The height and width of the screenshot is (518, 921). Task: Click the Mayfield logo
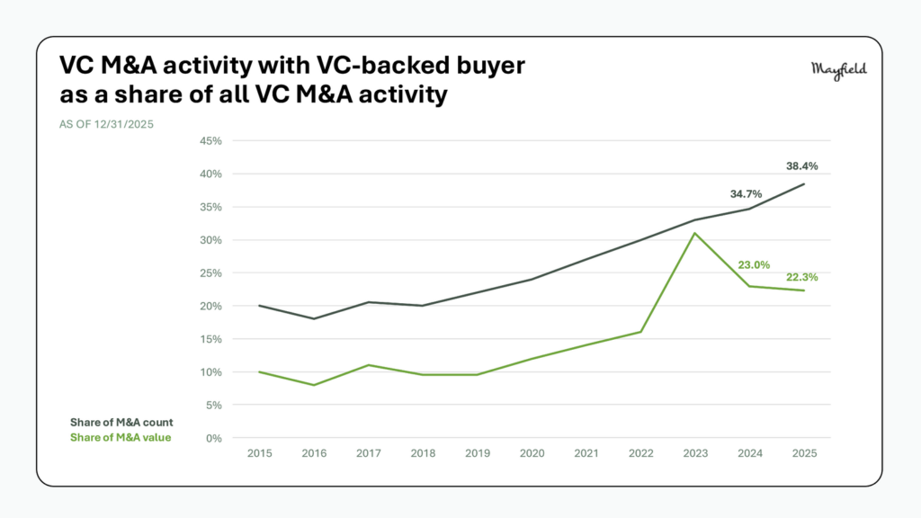(x=838, y=71)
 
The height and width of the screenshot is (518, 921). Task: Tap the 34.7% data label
(x=746, y=193)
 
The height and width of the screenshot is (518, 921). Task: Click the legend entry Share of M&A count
(x=121, y=422)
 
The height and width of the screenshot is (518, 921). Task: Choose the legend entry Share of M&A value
(x=121, y=437)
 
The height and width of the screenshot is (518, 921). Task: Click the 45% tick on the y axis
(x=210, y=141)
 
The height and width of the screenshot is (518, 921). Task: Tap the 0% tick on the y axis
(x=214, y=439)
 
